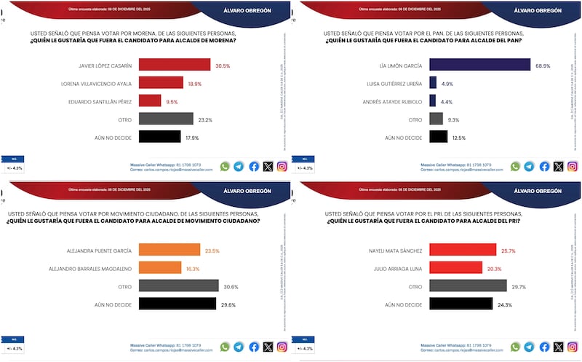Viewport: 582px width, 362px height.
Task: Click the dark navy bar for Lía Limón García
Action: (479, 66)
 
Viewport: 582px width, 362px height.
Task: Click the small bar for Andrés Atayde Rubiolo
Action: (433, 101)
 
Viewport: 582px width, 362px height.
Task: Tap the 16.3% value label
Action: (191, 267)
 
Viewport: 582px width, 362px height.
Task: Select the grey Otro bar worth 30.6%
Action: (178, 286)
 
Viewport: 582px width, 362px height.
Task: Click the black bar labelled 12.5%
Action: (439, 136)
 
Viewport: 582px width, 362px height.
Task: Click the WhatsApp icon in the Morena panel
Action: (225, 166)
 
